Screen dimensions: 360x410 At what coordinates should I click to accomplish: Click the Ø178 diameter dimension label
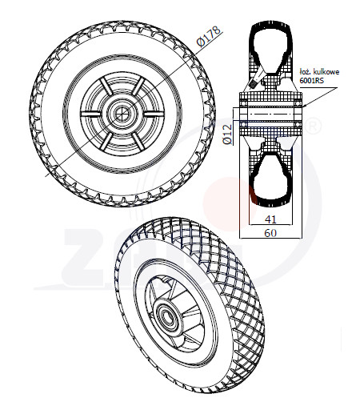tap(209, 36)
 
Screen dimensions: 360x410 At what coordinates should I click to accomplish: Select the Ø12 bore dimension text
tap(227, 135)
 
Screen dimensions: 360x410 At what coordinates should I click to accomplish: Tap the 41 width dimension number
tap(270, 219)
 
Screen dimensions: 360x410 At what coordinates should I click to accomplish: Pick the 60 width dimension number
tap(270, 233)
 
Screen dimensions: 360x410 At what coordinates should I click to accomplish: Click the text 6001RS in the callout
tap(311, 80)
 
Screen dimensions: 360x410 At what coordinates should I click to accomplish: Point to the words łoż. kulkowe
tap(319, 71)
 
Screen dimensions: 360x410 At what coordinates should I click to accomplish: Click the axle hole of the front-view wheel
tap(122, 114)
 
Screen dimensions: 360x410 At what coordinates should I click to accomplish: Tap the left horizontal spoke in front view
tap(91, 114)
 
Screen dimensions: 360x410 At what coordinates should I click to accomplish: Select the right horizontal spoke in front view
tap(154, 114)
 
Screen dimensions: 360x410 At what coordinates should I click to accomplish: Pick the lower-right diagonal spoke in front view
tap(138, 141)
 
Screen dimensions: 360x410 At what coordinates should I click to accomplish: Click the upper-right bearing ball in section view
tap(298, 103)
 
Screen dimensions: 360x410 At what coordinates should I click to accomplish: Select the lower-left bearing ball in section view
tap(243, 124)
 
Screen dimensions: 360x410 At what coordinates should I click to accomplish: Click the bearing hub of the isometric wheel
tap(166, 313)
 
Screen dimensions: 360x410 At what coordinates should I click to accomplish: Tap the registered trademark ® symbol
tap(313, 126)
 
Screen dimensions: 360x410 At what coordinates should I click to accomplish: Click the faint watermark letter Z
tap(86, 257)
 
